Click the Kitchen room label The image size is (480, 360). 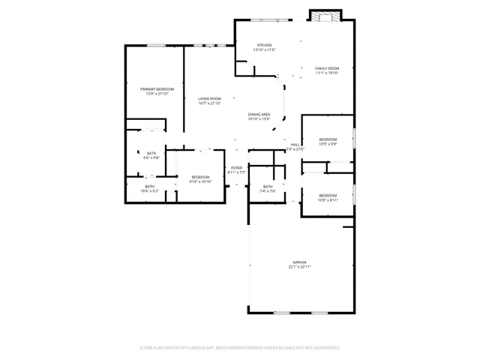click(x=264, y=45)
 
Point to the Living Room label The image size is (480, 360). click(x=209, y=98)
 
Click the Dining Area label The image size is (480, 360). click(x=259, y=114)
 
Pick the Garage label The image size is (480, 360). click(x=299, y=262)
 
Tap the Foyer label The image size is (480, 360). click(x=237, y=167)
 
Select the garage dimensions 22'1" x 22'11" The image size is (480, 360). click(x=299, y=267)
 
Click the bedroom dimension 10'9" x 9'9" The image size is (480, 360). click(x=328, y=144)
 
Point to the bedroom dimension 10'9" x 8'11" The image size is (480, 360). click(x=328, y=199)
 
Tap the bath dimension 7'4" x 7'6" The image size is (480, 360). click(x=268, y=191)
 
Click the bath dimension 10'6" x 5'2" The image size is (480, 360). click(x=150, y=191)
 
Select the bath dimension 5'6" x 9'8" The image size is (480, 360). click(x=151, y=157)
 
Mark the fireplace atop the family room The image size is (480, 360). click(x=326, y=16)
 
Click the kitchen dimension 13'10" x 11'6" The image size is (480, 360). click(x=264, y=50)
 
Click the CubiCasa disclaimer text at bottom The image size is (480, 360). click(x=240, y=347)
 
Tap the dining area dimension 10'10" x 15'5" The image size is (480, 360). click(x=259, y=118)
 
